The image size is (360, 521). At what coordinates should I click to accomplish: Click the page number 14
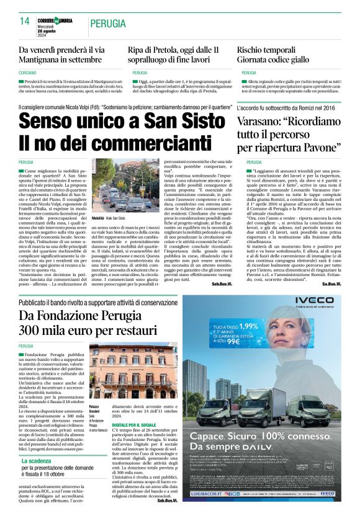tap(24, 21)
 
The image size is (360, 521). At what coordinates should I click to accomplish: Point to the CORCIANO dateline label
tap(28, 73)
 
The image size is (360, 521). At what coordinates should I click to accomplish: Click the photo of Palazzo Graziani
tap(131, 369)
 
